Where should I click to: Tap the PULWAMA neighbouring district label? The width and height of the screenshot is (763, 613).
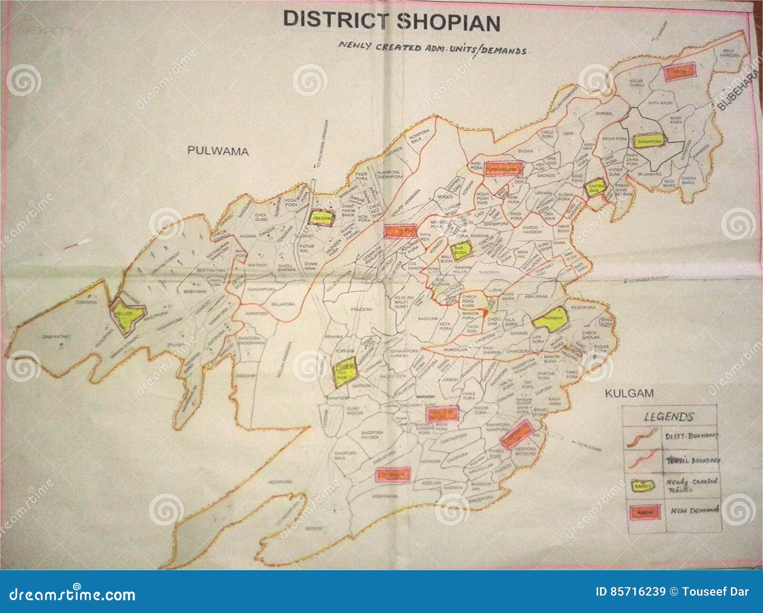(218, 151)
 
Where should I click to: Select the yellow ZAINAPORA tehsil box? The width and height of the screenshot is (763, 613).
(649, 141)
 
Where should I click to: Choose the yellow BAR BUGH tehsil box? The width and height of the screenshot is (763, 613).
(461, 250)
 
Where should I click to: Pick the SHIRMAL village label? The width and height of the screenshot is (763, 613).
(604, 114)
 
